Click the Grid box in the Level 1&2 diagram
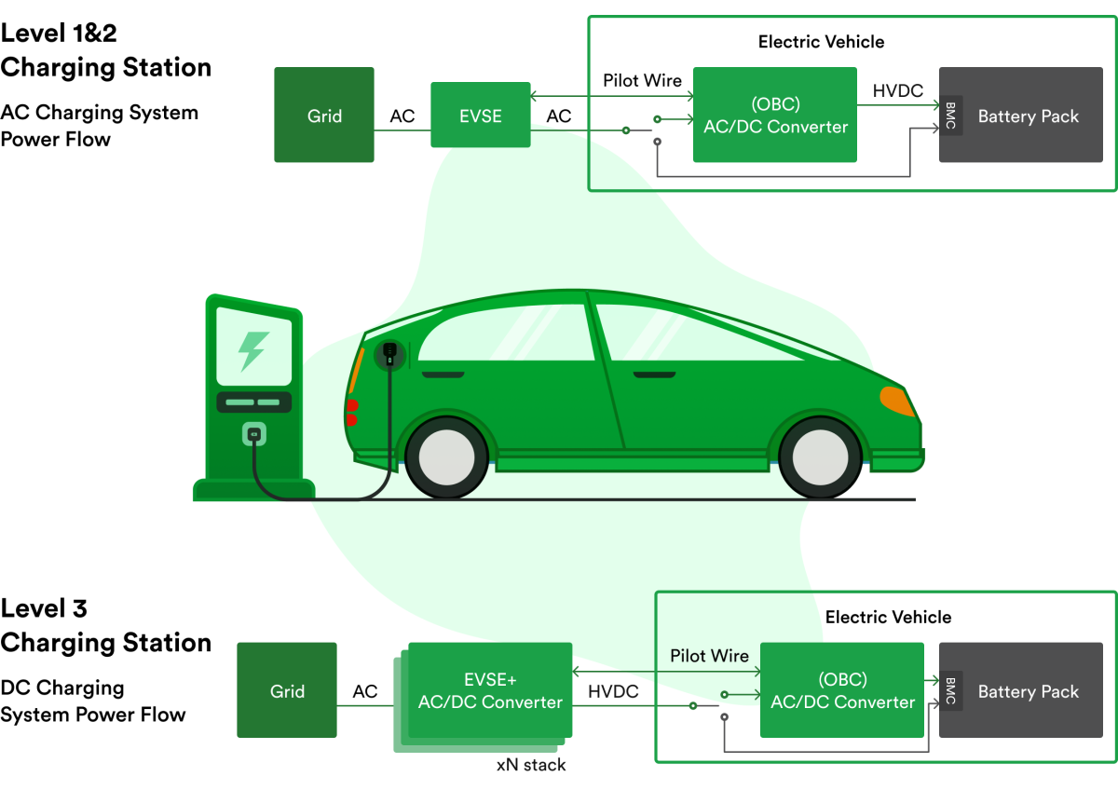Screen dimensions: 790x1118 [324, 115]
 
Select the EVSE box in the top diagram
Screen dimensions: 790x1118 [480, 115]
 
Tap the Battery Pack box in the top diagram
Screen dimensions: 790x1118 [1027, 116]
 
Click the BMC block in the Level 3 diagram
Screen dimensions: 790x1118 [950, 691]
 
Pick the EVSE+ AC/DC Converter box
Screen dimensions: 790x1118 [490, 689]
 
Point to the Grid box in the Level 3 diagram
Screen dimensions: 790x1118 [287, 690]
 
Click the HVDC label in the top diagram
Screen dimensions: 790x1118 [897, 90]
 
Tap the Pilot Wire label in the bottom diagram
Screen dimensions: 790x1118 [709, 656]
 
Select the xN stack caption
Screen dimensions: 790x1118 [530, 765]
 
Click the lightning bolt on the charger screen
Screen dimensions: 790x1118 [252, 350]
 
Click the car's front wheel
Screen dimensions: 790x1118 [819, 457]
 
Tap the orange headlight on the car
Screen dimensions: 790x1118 [896, 401]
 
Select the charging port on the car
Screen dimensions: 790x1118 [389, 353]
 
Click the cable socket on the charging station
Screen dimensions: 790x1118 [252, 433]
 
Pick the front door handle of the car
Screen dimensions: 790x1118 [654, 375]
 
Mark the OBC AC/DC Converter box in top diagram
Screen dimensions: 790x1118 [775, 115]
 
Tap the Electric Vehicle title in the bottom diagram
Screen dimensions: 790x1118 [888, 617]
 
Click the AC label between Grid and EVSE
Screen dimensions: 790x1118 [402, 116]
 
